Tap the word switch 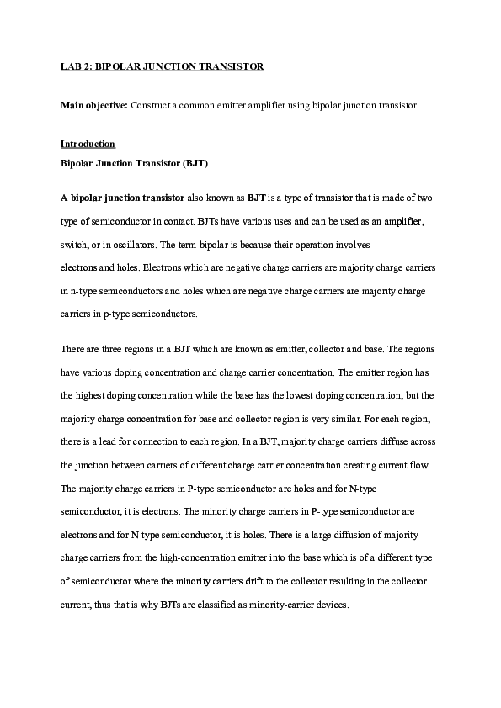(x=73, y=245)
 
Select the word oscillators (x=131, y=245)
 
